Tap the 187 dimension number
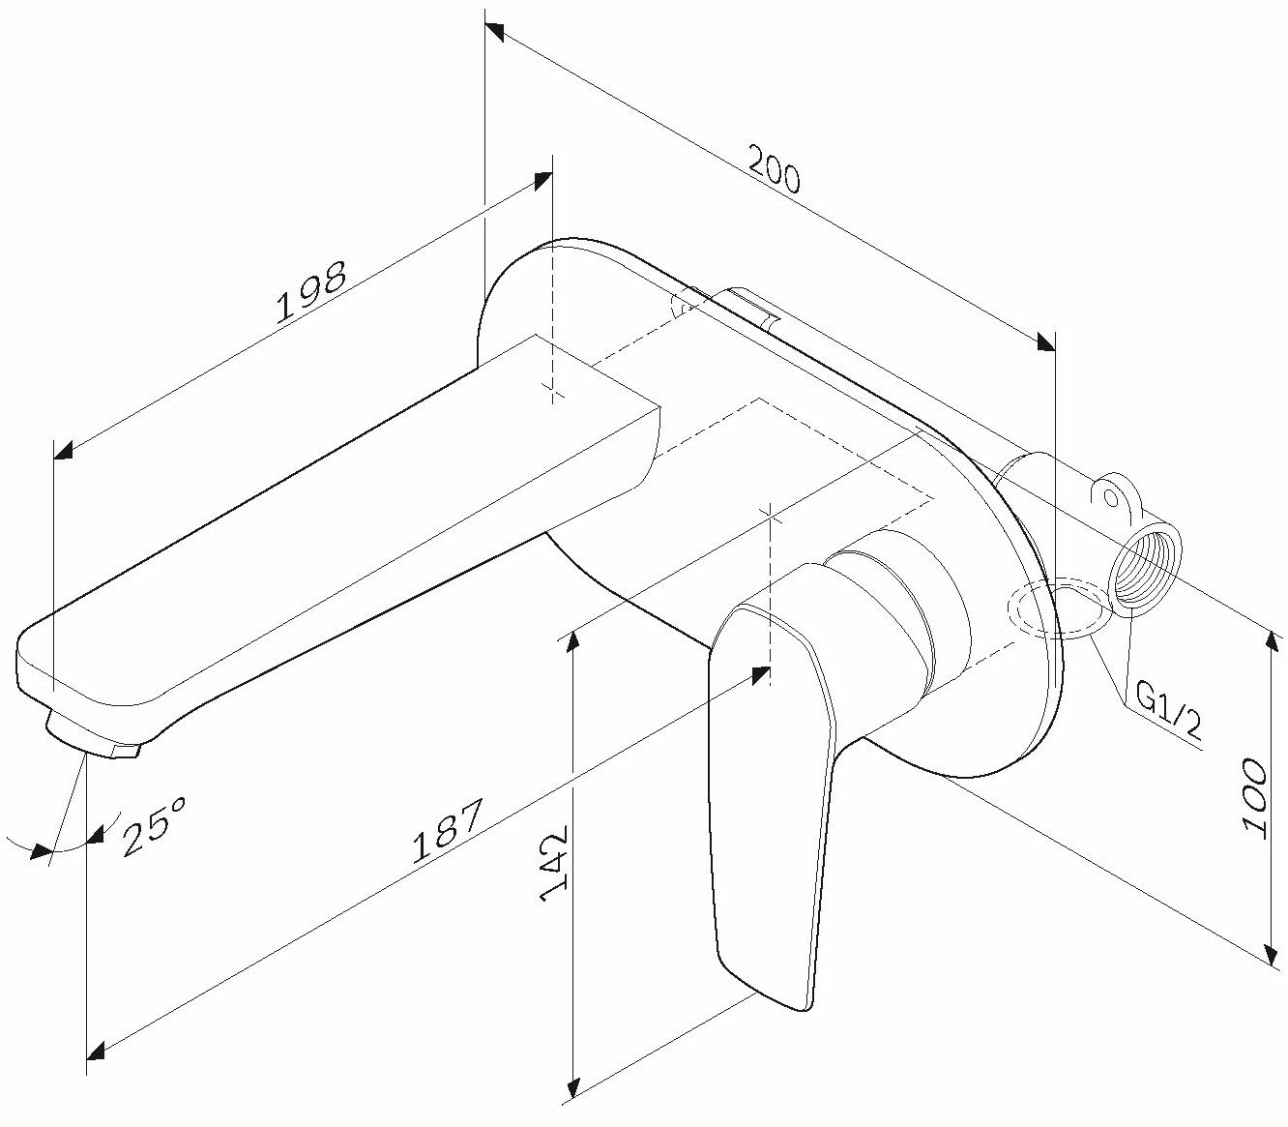(447, 831)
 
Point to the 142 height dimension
(554, 864)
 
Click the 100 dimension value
(1254, 795)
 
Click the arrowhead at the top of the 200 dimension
(494, 33)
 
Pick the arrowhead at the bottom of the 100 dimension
(1270, 950)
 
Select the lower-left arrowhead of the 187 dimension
(96, 1052)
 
